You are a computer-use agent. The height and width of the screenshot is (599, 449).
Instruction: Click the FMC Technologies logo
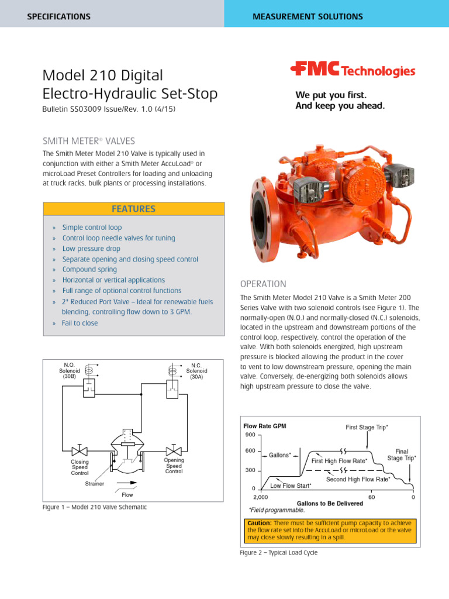353,71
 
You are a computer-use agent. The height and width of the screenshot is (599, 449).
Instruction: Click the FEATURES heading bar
133,209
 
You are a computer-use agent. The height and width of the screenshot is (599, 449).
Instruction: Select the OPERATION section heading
263,284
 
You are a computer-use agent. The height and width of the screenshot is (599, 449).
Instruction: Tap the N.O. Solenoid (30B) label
69,370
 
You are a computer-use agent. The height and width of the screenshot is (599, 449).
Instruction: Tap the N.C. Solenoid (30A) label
196,370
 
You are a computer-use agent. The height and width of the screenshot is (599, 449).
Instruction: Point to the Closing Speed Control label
80,467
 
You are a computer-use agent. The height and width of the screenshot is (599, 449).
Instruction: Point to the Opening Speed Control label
174,466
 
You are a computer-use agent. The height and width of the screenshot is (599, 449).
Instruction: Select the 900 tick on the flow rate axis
250,435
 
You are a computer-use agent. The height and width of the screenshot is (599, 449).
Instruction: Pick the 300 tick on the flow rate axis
250,470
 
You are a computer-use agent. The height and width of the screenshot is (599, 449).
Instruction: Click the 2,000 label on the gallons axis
253,497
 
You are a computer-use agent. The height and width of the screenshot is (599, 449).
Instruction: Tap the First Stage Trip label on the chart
367,428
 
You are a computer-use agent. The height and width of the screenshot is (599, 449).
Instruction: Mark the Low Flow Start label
291,486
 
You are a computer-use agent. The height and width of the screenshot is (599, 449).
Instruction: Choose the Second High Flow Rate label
358,479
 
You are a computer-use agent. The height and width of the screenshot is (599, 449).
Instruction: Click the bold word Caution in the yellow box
258,522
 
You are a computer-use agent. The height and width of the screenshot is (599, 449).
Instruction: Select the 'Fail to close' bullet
80,323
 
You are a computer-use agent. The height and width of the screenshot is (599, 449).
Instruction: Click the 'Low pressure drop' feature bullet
91,249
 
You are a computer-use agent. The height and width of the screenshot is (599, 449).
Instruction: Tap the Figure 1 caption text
94,507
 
